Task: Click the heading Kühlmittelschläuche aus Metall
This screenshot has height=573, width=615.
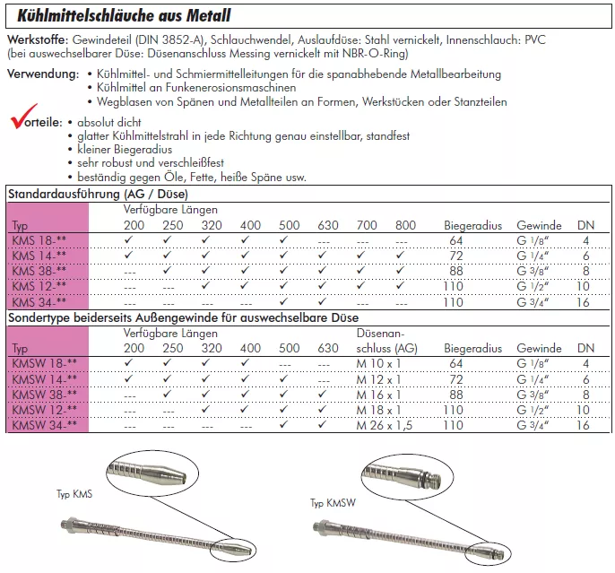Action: pyautogui.click(x=118, y=16)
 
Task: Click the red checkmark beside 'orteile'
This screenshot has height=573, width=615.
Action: pyautogui.click(x=20, y=118)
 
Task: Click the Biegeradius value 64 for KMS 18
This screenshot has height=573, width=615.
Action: pyautogui.click(x=456, y=240)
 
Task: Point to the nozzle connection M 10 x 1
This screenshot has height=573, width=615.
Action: pyautogui.click(x=377, y=363)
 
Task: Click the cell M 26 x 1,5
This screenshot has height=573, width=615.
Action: pyautogui.click(x=383, y=425)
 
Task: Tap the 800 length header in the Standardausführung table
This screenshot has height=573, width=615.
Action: pyautogui.click(x=405, y=225)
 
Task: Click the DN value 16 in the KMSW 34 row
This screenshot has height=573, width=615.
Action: pyautogui.click(x=585, y=425)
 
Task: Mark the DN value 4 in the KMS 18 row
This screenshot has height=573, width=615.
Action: pyautogui.click(x=585, y=240)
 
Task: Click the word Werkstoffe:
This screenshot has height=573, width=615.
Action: pyautogui.click(x=35, y=41)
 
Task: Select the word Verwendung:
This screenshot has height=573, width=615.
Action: pyautogui.click(x=39, y=74)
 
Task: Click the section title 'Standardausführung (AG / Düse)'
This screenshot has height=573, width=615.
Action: pyautogui.click(x=97, y=194)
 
